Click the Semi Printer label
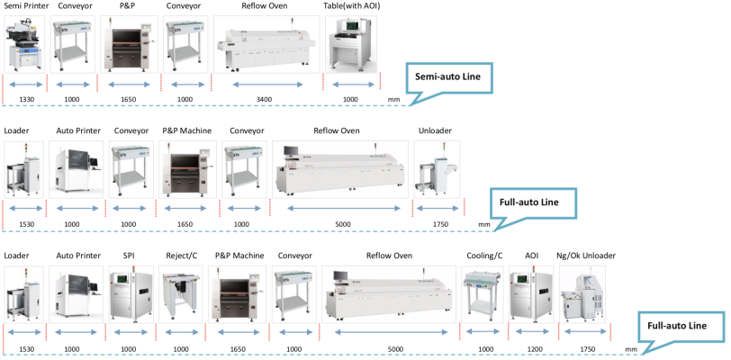click(x=25, y=6)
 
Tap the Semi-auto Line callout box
click(x=454, y=78)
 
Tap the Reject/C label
click(x=180, y=256)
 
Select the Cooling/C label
click(x=483, y=256)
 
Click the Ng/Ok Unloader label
click(x=585, y=256)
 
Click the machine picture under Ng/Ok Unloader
click(x=582, y=294)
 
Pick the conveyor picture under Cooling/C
click(x=483, y=295)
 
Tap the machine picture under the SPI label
click(x=128, y=294)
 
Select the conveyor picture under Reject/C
click(x=181, y=295)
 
